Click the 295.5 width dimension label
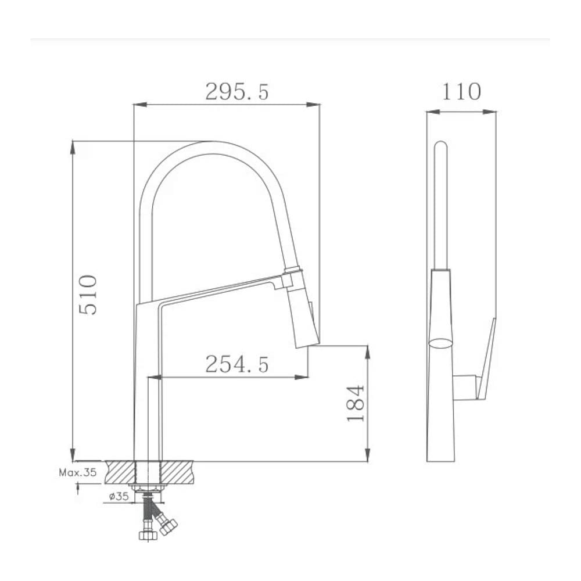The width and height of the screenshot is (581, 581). pyautogui.click(x=237, y=92)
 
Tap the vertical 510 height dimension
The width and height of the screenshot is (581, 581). pyautogui.click(x=88, y=295)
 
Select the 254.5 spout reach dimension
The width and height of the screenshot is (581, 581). pyautogui.click(x=237, y=364)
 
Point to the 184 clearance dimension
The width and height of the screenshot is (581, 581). pyautogui.click(x=356, y=403)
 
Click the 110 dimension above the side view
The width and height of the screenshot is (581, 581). pyautogui.click(x=461, y=92)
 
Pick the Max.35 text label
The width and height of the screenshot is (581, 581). pyautogui.click(x=78, y=472)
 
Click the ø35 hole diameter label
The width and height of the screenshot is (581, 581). pyautogui.click(x=119, y=496)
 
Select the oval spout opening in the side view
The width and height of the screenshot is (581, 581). pyautogui.click(x=441, y=343)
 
